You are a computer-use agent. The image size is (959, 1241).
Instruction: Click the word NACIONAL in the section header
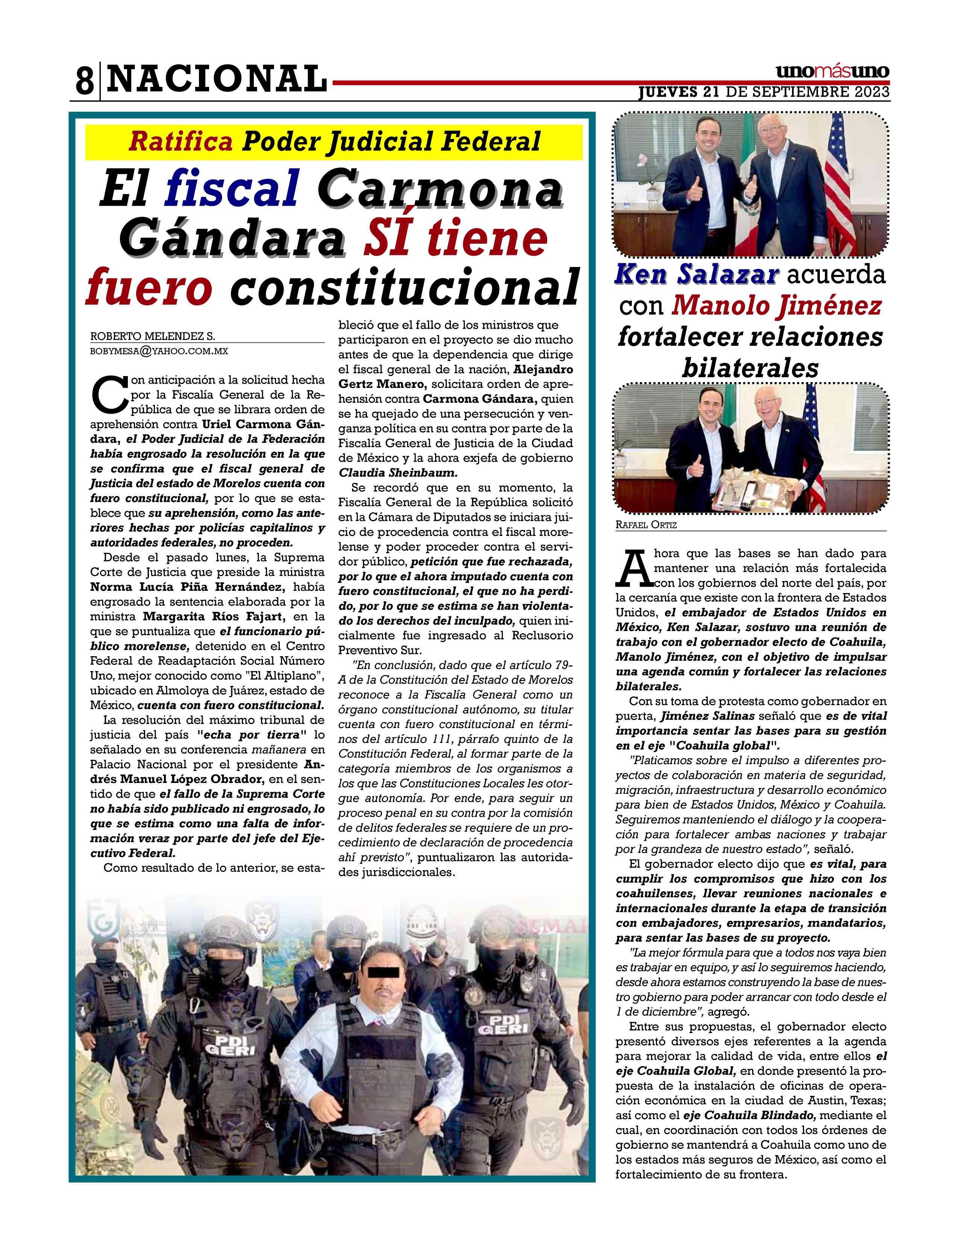pos(217,79)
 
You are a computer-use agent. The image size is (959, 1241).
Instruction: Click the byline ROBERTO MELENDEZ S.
pos(152,337)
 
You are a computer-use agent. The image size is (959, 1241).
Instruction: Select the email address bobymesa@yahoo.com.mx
pos(159,351)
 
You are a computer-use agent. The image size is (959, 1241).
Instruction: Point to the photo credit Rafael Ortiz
pos(646,525)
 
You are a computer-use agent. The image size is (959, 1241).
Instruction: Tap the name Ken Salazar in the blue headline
pos(696,275)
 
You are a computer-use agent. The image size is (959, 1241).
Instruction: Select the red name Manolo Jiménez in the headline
pos(777,306)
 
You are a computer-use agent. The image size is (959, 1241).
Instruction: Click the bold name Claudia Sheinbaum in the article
pos(398,473)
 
